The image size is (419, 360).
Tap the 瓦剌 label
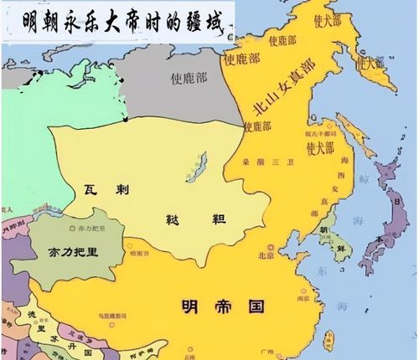106,188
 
